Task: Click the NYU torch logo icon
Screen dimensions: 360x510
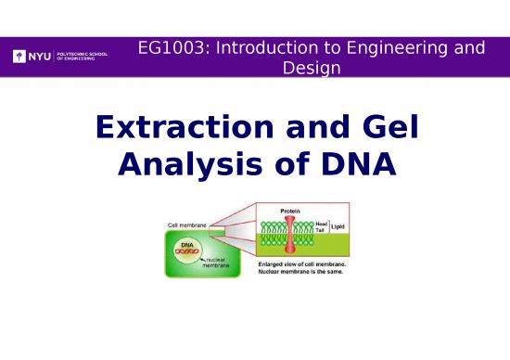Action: [x=19, y=58]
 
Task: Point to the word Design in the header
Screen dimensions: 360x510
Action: [x=310, y=68]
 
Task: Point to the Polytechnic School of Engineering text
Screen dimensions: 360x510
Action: [x=83, y=58]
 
